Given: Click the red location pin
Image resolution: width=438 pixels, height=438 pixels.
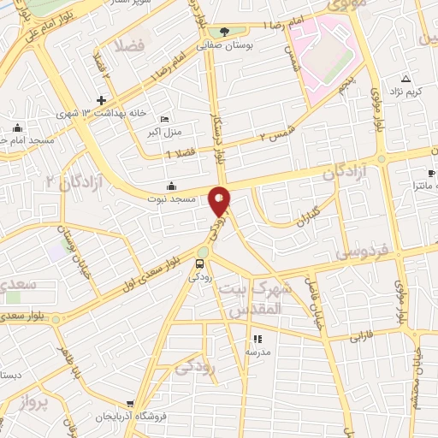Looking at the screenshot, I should [220, 200].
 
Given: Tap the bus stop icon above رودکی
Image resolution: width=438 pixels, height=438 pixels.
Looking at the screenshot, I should [199, 263].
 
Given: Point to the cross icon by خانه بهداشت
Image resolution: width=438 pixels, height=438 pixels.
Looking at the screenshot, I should [101, 101].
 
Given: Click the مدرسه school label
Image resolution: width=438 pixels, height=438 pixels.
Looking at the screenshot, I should [257, 352].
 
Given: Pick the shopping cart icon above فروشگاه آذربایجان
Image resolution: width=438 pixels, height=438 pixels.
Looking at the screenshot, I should [128, 404].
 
